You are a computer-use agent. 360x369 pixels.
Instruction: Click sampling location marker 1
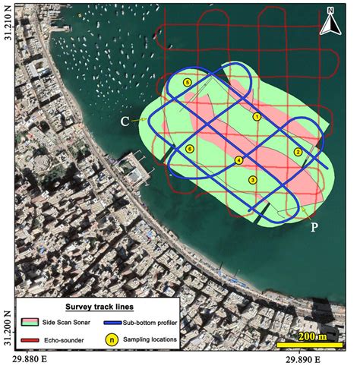(x=257, y=117)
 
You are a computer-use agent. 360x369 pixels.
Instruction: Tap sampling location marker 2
(x=298, y=152)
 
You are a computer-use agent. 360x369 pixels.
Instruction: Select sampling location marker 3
(x=252, y=179)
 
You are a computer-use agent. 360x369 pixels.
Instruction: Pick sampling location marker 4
(x=238, y=160)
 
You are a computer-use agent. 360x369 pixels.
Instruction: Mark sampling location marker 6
(x=189, y=148)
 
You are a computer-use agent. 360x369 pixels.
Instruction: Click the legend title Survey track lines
(x=99, y=307)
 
